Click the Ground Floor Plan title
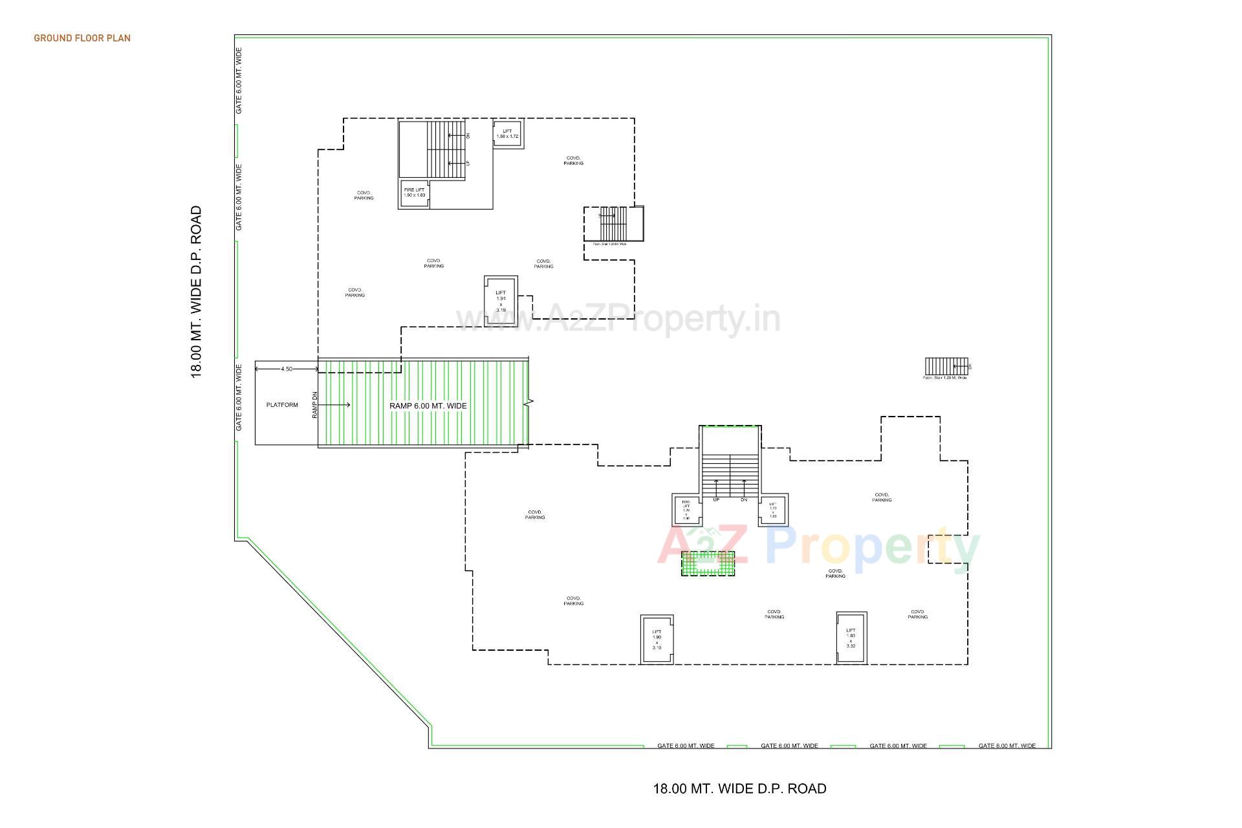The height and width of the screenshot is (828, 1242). (82, 38)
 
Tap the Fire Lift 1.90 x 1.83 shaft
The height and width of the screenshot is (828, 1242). (414, 193)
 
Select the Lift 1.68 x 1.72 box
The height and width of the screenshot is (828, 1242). (507, 134)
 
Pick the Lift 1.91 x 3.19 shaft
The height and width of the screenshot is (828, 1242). (501, 301)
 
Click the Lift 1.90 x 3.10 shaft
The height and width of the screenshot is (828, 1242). (657, 639)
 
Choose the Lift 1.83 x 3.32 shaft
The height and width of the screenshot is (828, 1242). (851, 638)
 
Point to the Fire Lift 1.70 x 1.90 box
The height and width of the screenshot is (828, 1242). (686, 510)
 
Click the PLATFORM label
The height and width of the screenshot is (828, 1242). (282, 405)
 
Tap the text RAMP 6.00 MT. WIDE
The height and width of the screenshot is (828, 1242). (428, 406)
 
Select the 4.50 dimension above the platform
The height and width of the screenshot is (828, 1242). (287, 369)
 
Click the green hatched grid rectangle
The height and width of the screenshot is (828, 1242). (708, 563)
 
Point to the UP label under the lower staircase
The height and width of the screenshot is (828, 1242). (716, 499)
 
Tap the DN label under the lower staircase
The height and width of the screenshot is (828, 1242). (744, 499)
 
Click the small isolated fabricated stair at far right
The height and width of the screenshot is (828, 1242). (946, 366)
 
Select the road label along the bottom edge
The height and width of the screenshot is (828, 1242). (739, 789)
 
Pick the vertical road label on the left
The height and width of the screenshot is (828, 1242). (196, 292)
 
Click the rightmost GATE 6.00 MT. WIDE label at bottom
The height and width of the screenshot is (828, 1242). (1007, 745)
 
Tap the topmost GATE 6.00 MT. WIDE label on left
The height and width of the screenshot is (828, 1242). (239, 80)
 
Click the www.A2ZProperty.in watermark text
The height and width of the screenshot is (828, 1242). (618, 319)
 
